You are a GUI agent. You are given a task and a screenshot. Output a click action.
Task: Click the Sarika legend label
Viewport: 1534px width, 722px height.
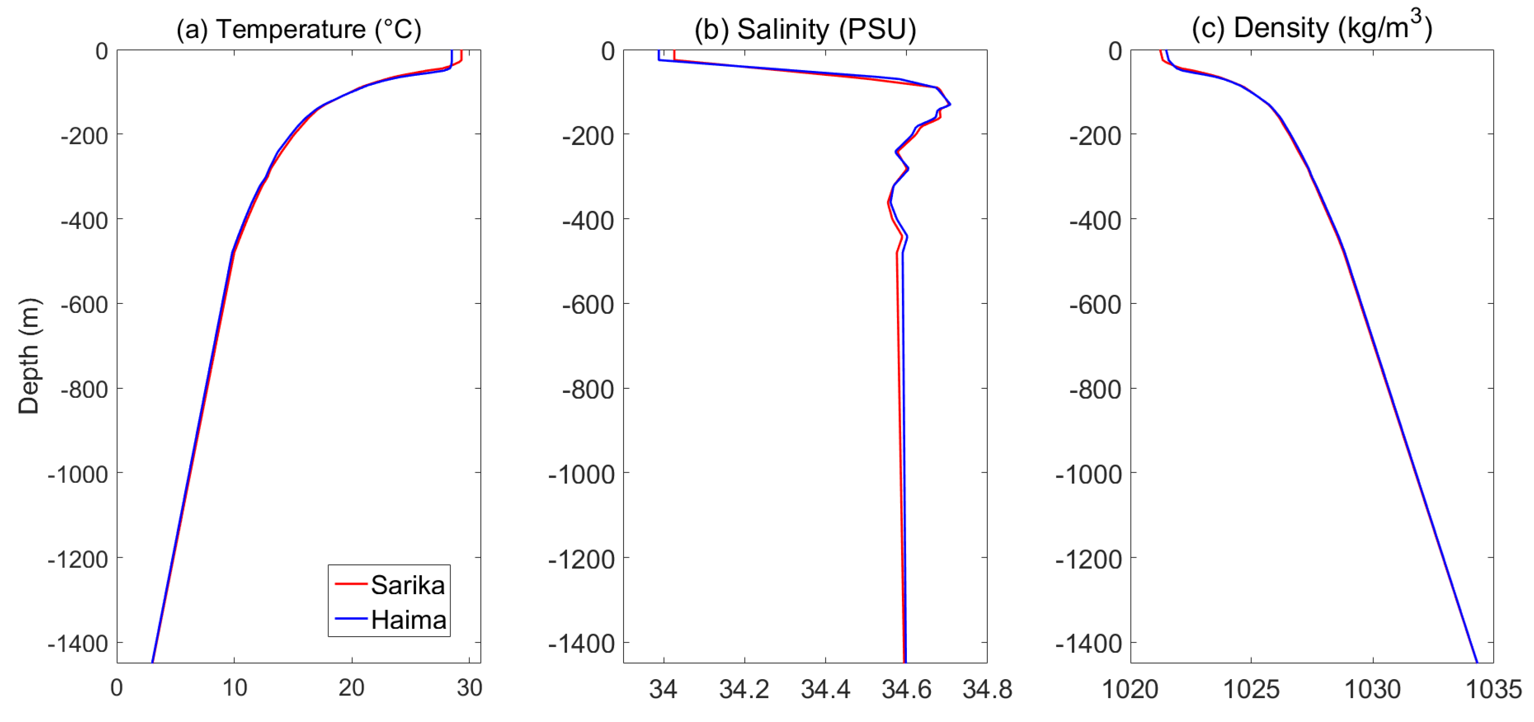click(408, 585)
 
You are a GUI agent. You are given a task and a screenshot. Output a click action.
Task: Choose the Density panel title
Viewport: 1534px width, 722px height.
click(1311, 28)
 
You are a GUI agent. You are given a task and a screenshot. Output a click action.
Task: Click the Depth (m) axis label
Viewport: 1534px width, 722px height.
click(28, 356)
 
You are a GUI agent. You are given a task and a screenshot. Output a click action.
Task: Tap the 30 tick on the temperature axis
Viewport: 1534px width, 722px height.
click(469, 688)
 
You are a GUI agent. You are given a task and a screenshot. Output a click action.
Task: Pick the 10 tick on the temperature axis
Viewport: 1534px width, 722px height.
click(235, 688)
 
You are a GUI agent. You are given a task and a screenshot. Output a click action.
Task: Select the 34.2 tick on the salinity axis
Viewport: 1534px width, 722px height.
click(744, 689)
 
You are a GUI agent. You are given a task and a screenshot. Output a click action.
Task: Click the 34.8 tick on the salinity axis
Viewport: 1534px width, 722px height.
click(987, 689)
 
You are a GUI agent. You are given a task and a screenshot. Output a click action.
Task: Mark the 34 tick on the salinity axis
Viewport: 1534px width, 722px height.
click(663, 689)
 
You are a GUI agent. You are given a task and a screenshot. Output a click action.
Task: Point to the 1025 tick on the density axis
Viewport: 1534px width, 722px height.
click(1251, 689)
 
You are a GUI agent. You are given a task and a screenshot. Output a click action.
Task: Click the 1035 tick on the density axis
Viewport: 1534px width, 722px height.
click(1493, 689)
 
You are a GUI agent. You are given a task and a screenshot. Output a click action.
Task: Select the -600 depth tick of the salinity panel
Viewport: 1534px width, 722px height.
click(588, 305)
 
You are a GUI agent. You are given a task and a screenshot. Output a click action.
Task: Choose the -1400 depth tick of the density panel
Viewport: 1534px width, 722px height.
click(1088, 644)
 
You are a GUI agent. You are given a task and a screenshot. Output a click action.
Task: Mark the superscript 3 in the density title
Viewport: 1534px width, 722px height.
click(1416, 16)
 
